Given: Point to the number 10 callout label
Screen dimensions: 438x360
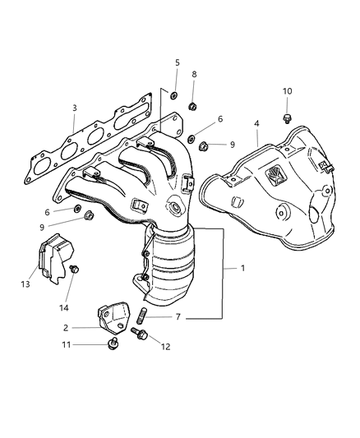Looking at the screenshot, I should [287, 91].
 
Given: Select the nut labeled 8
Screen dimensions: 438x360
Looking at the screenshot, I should [191, 105].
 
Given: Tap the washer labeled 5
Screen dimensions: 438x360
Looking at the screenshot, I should [175, 96].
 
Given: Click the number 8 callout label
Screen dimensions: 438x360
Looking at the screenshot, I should [194, 75].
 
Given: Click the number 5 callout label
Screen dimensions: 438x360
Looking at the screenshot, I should [177, 62].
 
